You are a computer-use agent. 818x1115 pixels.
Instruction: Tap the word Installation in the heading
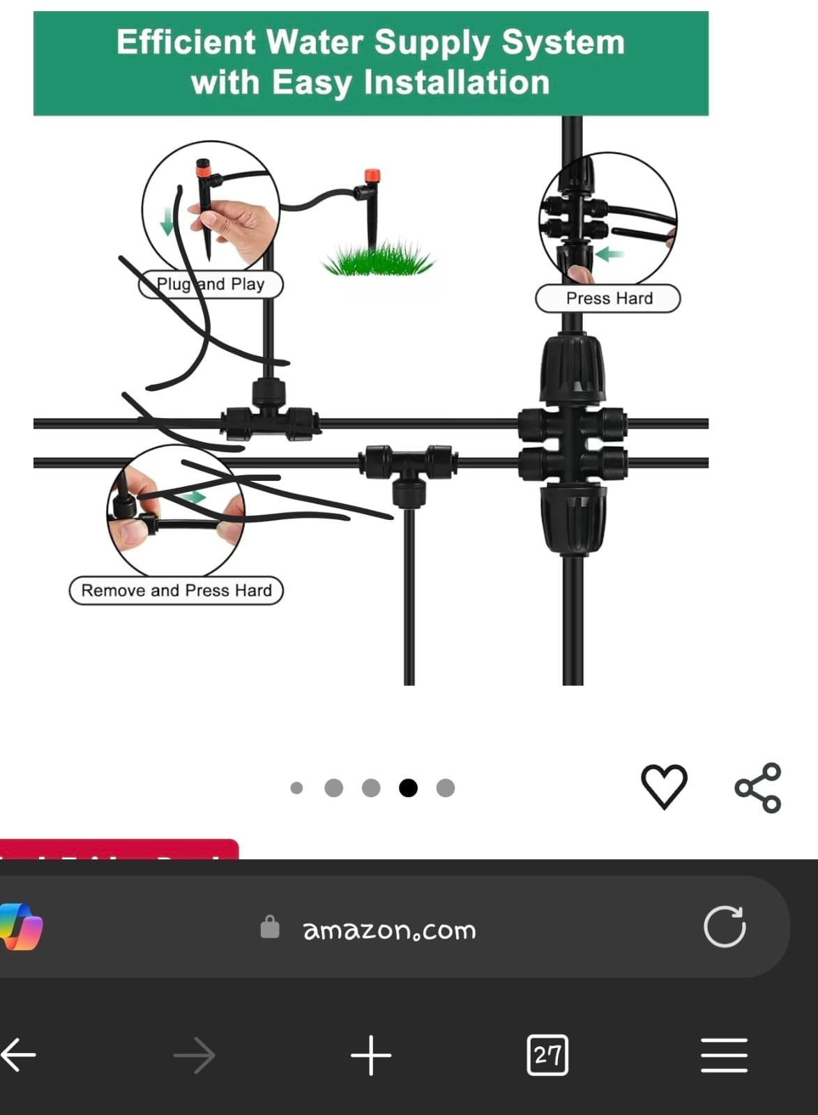457,83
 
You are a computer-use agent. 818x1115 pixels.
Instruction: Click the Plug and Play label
211,284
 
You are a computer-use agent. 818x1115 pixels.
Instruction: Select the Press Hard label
608,298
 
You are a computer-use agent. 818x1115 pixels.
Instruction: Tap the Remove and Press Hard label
176,590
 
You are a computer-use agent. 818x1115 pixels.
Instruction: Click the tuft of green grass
377,259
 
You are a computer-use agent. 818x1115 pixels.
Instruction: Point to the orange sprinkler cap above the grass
371,174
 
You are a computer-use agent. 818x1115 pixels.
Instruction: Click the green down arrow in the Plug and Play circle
167,222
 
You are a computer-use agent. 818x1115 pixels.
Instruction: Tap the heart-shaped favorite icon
664,786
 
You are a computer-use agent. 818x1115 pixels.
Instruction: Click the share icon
758,787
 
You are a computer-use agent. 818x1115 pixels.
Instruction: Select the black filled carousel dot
408,787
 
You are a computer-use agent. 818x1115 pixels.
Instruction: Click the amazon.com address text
389,930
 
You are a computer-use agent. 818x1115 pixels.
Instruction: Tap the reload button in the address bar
725,927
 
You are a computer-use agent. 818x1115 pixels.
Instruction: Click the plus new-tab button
371,1055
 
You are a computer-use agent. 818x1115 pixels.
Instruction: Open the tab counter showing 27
547,1055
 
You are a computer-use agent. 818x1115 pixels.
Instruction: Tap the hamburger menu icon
724,1055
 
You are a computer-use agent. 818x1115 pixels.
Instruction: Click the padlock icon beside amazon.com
270,928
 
